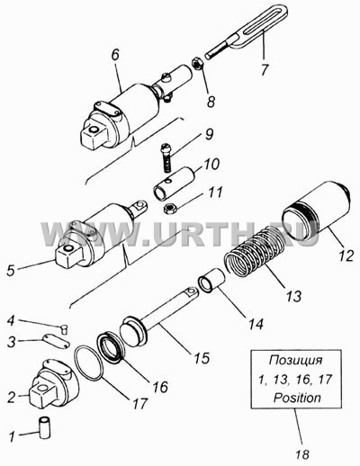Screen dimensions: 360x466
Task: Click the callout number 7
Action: point(265,70)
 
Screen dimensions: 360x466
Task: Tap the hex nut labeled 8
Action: point(197,64)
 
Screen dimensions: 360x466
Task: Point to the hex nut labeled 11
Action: point(170,208)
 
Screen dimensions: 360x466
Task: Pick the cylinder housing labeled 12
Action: point(317,209)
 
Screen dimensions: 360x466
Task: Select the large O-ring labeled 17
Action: point(89,363)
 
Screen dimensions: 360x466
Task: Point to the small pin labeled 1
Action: point(45,426)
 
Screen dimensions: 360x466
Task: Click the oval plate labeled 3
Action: point(56,342)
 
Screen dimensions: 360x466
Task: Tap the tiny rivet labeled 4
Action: point(65,329)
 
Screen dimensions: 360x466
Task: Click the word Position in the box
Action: point(297,398)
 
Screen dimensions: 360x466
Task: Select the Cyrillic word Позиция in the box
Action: point(296,360)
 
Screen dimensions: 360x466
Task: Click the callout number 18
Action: point(301,455)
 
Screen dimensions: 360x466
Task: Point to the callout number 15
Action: point(202,358)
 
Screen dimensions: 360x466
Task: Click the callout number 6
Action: point(115,55)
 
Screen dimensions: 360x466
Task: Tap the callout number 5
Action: point(11,271)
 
